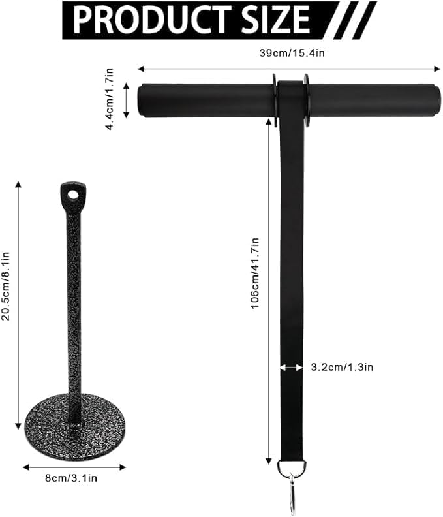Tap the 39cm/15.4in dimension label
tap(292, 53)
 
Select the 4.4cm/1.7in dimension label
tap(110, 99)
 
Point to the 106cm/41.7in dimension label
tap(256, 273)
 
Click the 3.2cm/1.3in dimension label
tap(342, 367)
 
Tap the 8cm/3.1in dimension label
tap(71, 478)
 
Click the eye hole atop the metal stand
tap(72, 195)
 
